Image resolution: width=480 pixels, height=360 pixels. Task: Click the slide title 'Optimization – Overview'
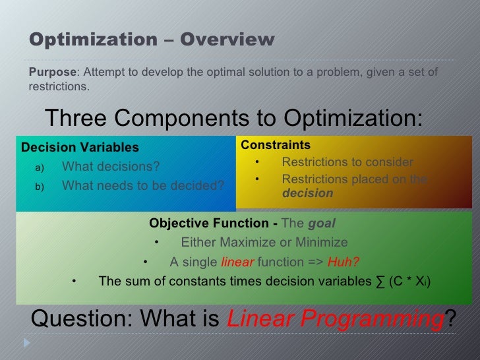(152, 40)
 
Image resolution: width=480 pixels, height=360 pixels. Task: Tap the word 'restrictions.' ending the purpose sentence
(59, 86)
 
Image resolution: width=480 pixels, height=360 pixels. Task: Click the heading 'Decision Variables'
(80, 147)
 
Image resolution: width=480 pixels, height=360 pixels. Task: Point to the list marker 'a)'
(40, 167)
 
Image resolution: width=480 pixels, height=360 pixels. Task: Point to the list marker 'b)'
(40, 187)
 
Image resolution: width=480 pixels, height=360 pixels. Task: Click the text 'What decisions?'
(110, 166)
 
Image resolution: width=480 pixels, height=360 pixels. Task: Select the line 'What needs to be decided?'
(142, 186)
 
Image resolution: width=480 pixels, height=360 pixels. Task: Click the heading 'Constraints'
(276, 145)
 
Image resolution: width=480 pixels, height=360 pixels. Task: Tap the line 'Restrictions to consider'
(347, 162)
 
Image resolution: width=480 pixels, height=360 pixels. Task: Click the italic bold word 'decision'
(307, 194)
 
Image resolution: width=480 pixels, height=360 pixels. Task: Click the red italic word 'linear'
(237, 262)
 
